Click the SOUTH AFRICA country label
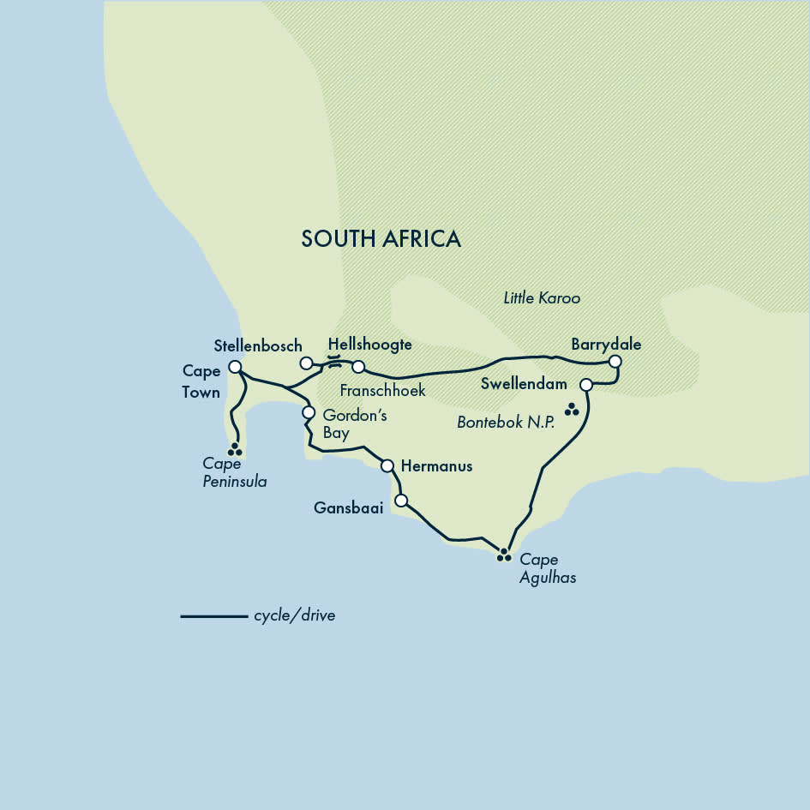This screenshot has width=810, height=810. click(x=381, y=238)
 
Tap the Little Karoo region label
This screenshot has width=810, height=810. click(x=542, y=298)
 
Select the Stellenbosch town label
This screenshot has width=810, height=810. click(x=257, y=345)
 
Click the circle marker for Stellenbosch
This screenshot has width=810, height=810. click(x=306, y=363)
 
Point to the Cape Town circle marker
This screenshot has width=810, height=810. click(x=235, y=366)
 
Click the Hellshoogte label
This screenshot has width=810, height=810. click(x=369, y=345)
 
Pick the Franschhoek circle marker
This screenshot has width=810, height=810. click(x=358, y=367)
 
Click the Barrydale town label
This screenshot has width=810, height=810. click(x=606, y=345)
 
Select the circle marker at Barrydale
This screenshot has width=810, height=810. click(x=615, y=363)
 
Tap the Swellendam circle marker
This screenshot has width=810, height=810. click(x=586, y=385)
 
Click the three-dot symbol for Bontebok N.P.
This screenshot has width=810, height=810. click(x=572, y=411)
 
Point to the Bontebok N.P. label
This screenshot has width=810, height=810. click(x=506, y=423)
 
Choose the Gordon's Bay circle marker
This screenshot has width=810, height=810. click(x=309, y=412)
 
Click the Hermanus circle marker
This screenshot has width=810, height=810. click(x=387, y=465)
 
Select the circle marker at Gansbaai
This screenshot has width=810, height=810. click(x=400, y=501)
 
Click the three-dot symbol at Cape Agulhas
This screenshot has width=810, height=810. click(x=504, y=555)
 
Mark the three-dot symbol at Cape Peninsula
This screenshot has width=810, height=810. click(x=234, y=449)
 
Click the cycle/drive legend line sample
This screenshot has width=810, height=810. click(x=213, y=615)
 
